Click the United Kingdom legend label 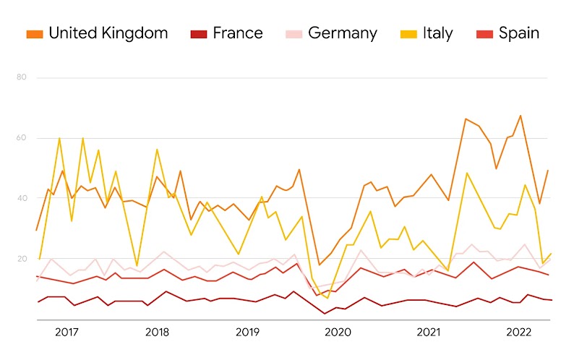(x=108, y=33)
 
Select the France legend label (x=238, y=33)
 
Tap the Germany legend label (x=342, y=33)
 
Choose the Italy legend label (x=438, y=33)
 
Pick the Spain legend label (x=518, y=33)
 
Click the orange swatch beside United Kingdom (x=34, y=34)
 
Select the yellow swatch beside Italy (x=408, y=34)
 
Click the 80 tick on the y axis (x=20, y=77)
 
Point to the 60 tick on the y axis (x=20, y=137)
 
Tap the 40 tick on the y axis (x=20, y=198)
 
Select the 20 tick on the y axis (x=20, y=259)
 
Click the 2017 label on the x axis (x=67, y=332)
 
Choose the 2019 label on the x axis (x=247, y=332)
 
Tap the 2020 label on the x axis (x=338, y=332)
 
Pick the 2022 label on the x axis (x=519, y=332)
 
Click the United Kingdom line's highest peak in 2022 (x=520, y=116)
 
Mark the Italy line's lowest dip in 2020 (x=327, y=298)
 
